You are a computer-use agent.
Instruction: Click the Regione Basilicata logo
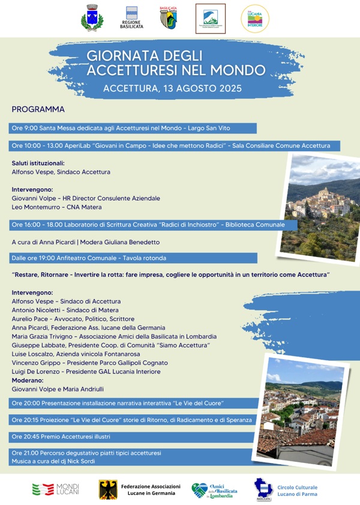[131, 18]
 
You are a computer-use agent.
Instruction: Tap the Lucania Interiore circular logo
[255, 18]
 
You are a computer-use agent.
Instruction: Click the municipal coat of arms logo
[92, 17]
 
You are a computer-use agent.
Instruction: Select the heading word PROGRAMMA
[38, 109]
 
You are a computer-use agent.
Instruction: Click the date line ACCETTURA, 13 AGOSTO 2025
[172, 88]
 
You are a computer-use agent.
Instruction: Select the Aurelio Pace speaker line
[73, 319]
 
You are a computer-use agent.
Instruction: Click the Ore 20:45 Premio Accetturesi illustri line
[61, 436]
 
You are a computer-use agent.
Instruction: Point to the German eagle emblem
[108, 489]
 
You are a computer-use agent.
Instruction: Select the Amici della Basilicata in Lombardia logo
[214, 489]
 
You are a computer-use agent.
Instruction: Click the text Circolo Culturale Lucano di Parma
[297, 491]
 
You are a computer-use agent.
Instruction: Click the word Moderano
[28, 380]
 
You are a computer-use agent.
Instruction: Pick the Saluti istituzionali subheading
[38, 163]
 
